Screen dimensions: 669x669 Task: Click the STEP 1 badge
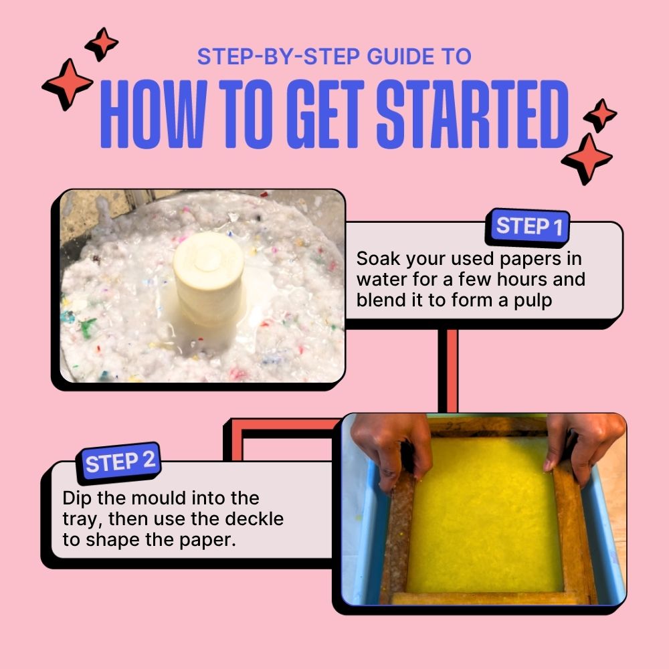(529, 227)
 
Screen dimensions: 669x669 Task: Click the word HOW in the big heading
(155, 118)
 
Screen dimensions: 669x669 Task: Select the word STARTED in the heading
(472, 118)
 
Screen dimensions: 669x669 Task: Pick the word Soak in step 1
(379, 258)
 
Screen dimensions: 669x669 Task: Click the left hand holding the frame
(391, 445)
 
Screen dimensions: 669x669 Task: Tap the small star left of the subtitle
(102, 42)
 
